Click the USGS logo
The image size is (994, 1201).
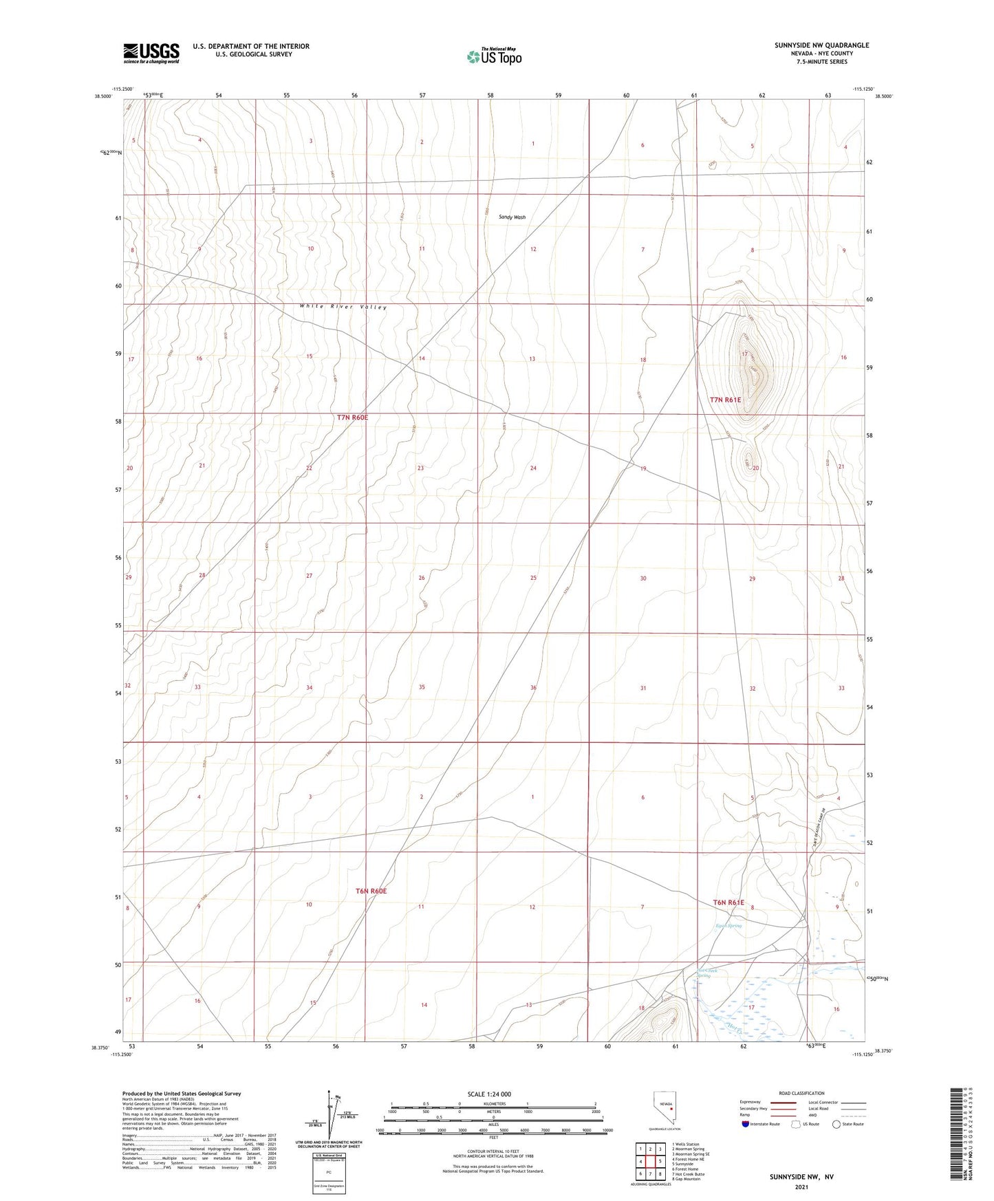click(x=151, y=53)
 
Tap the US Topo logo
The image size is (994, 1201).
click(x=494, y=56)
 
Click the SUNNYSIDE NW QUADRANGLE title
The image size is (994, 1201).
click(x=821, y=45)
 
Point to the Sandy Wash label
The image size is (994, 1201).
click(x=512, y=217)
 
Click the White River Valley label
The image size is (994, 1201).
click(x=343, y=307)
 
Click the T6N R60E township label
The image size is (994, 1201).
click(x=371, y=891)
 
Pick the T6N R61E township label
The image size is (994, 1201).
click(x=728, y=902)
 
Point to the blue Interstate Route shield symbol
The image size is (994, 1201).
click(x=746, y=1124)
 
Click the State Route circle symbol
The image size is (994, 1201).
click(x=836, y=1124)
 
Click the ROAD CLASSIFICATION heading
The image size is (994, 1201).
click(x=801, y=1093)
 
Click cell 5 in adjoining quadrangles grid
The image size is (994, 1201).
click(x=659, y=1162)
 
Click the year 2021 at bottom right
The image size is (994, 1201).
click(x=801, y=1187)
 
